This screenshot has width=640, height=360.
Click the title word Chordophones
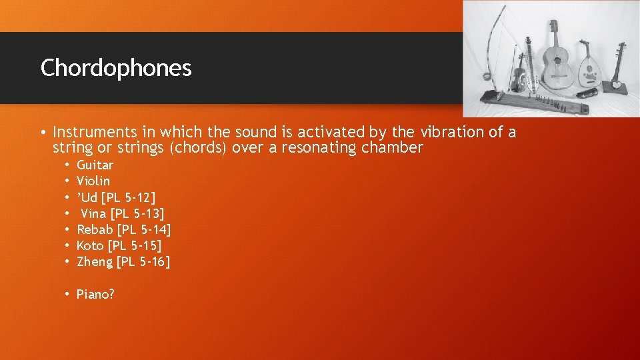(x=116, y=68)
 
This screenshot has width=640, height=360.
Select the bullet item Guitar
(x=95, y=165)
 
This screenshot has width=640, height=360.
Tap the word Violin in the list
(x=93, y=181)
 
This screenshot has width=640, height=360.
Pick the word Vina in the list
(x=93, y=213)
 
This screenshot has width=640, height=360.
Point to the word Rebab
(x=95, y=229)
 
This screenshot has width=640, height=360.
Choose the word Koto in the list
(x=90, y=245)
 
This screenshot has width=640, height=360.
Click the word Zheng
(x=95, y=262)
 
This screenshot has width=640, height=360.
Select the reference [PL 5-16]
(x=143, y=262)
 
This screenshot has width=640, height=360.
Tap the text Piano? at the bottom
(x=95, y=294)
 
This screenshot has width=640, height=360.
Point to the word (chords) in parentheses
(x=199, y=148)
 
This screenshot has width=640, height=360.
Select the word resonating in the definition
(x=319, y=148)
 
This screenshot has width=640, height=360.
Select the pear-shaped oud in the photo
(x=587, y=71)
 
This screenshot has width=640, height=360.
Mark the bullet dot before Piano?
(x=68, y=294)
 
